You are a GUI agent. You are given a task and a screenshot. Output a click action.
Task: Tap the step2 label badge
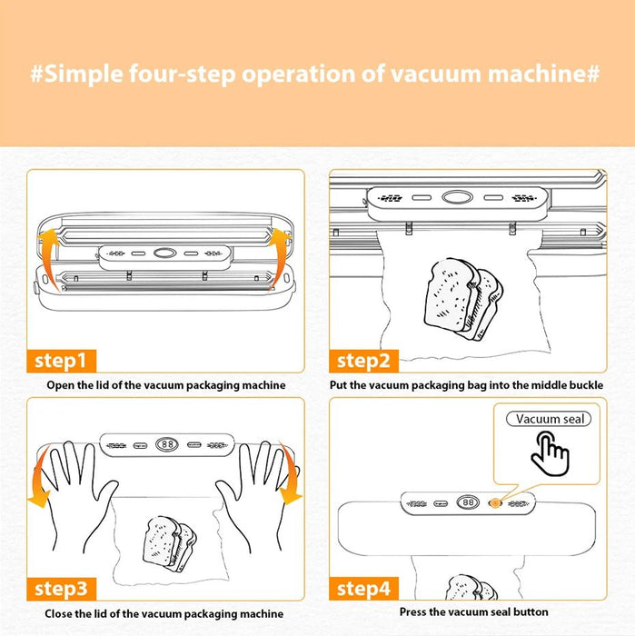[363, 361]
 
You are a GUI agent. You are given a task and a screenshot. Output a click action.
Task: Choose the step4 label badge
[363, 589]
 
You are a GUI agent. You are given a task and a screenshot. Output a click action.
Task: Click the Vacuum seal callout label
[551, 419]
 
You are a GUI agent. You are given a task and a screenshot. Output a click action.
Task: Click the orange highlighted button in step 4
[495, 502]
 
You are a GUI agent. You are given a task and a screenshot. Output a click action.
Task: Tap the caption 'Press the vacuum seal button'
[473, 612]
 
